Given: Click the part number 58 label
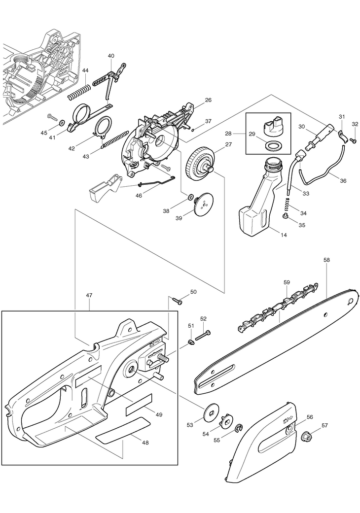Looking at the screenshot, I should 326,259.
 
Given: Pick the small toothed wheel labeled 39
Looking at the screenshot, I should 203,205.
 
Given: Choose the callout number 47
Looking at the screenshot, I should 89,295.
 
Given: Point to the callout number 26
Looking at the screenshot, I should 208,100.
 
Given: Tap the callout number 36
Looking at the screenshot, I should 343,180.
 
